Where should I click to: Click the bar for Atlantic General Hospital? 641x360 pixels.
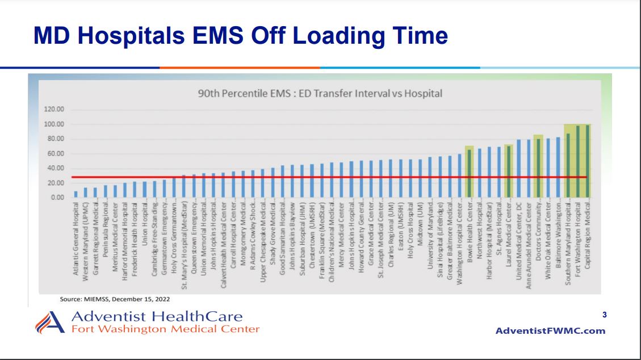coord(76,194)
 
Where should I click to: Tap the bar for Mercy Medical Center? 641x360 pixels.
coord(341,180)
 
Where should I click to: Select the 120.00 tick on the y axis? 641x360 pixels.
coord(52,110)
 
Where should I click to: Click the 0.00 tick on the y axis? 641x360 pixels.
coord(56,198)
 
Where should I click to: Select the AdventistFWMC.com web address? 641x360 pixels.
coord(551,331)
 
